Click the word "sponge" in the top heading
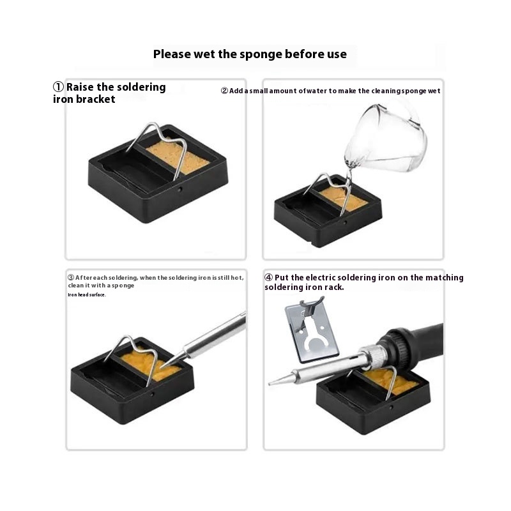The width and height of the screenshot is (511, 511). [261, 55]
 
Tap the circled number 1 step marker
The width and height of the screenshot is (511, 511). [58, 87]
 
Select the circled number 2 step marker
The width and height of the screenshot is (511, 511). [224, 91]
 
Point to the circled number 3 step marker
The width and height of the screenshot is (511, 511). [71, 278]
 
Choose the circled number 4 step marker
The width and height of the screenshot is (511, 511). [268, 277]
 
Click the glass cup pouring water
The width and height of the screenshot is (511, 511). [386, 138]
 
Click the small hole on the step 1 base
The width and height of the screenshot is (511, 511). [179, 189]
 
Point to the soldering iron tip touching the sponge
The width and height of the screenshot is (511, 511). [162, 366]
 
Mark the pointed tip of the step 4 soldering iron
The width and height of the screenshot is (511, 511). [270, 385]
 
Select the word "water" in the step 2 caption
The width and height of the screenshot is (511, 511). [316, 91]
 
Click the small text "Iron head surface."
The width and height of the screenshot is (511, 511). [87, 294]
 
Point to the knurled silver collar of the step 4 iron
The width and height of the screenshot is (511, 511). [374, 355]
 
